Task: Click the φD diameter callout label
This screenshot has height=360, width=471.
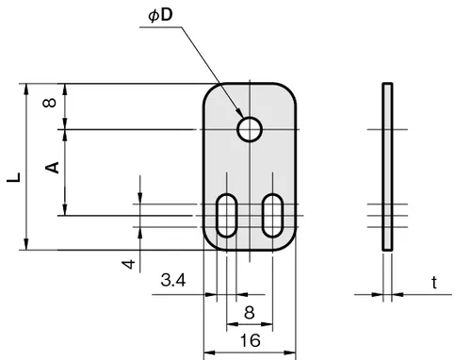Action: coord(160,15)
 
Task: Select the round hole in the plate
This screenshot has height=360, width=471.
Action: coord(250,129)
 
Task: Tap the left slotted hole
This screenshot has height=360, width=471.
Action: coord(226,216)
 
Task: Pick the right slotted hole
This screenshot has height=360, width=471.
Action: coord(272,216)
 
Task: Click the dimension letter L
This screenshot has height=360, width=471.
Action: coord(14,177)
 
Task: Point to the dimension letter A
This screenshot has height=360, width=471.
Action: coord(52,168)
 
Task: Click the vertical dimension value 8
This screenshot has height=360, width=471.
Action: coord(49,103)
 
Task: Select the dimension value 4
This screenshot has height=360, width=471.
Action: coord(128,264)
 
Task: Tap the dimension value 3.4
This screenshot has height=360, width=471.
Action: coord(173,280)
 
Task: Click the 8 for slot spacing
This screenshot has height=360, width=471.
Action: coord(250,313)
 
